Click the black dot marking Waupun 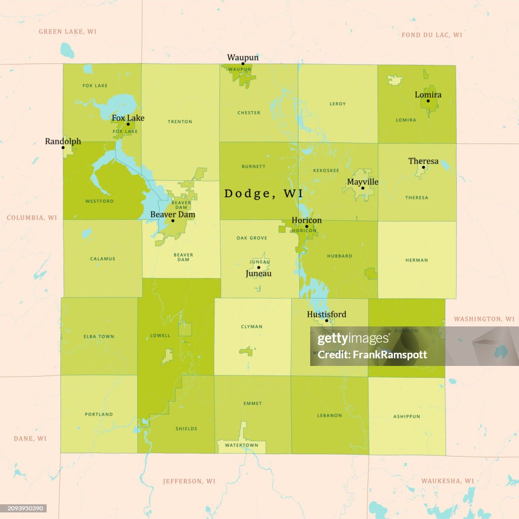[x=243, y=64]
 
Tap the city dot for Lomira [x=428, y=101]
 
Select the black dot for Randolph [x=63, y=147]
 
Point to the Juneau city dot [x=258, y=268]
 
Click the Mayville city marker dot [x=362, y=188]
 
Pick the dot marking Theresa [x=423, y=167]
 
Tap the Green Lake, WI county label [x=67, y=31]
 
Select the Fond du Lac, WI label [x=431, y=35]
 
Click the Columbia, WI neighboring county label [x=32, y=217]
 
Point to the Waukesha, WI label [x=448, y=480]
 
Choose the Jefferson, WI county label [x=189, y=481]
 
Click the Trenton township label [x=180, y=122]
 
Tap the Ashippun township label [x=406, y=417]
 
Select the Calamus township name [x=102, y=259]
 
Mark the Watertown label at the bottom [x=241, y=446]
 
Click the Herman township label [x=417, y=260]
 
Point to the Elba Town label [x=99, y=337]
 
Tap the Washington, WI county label [x=484, y=319]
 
